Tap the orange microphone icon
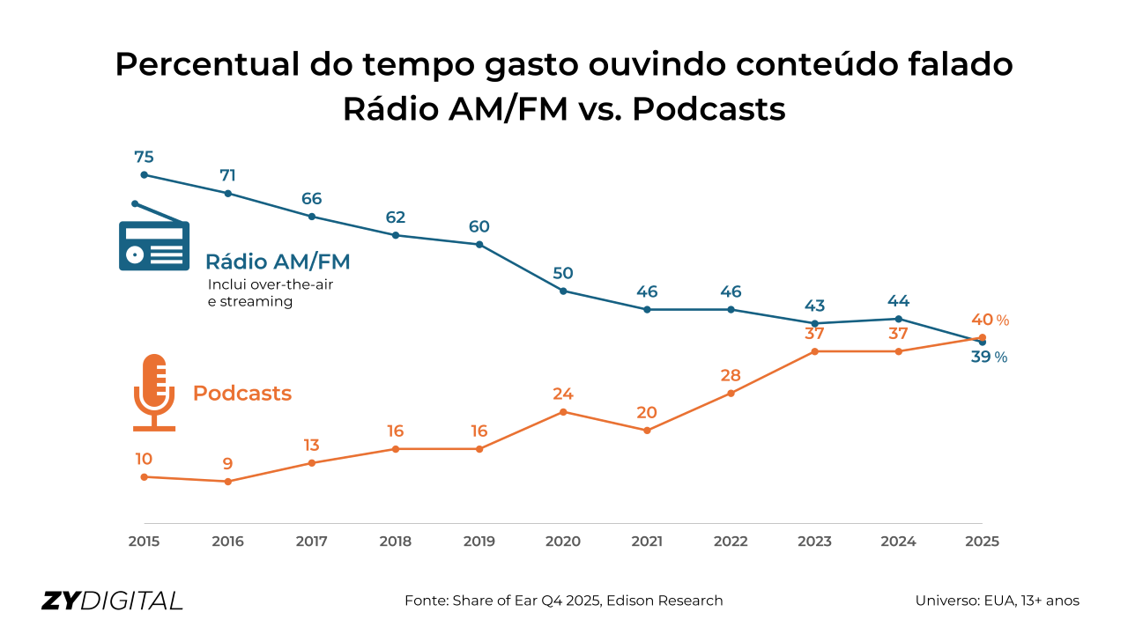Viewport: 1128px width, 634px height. click(154, 393)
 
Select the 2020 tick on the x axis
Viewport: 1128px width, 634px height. click(563, 542)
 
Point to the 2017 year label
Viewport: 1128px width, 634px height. click(312, 542)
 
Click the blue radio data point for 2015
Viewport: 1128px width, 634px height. click(144, 174)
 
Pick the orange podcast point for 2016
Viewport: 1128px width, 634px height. click(228, 482)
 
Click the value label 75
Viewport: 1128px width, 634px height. click(144, 157)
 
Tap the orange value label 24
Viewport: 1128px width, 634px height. click(563, 394)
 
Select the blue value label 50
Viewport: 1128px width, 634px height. click(563, 273)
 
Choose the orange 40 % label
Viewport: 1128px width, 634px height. click(989, 320)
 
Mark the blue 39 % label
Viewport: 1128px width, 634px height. click(988, 357)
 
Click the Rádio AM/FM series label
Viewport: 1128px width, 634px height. click(278, 262)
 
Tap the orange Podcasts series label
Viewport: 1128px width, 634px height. click(242, 394)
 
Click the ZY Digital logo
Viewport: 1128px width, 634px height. click(113, 601)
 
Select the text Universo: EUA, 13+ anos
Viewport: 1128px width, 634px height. click(998, 601)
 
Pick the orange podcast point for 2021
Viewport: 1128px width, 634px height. click(647, 431)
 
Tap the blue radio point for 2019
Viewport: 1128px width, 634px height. click(479, 244)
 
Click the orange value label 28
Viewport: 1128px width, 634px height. click(731, 375)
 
